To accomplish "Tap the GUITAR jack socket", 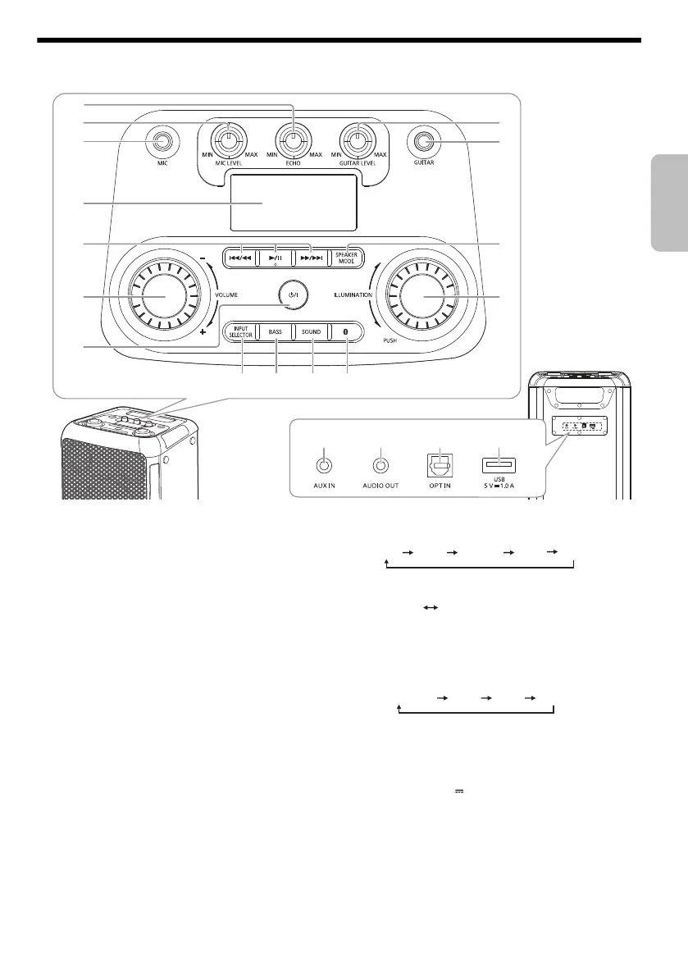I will tap(423, 143).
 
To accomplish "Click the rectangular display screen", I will tap(293, 203).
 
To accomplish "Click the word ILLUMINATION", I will tap(353, 294).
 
